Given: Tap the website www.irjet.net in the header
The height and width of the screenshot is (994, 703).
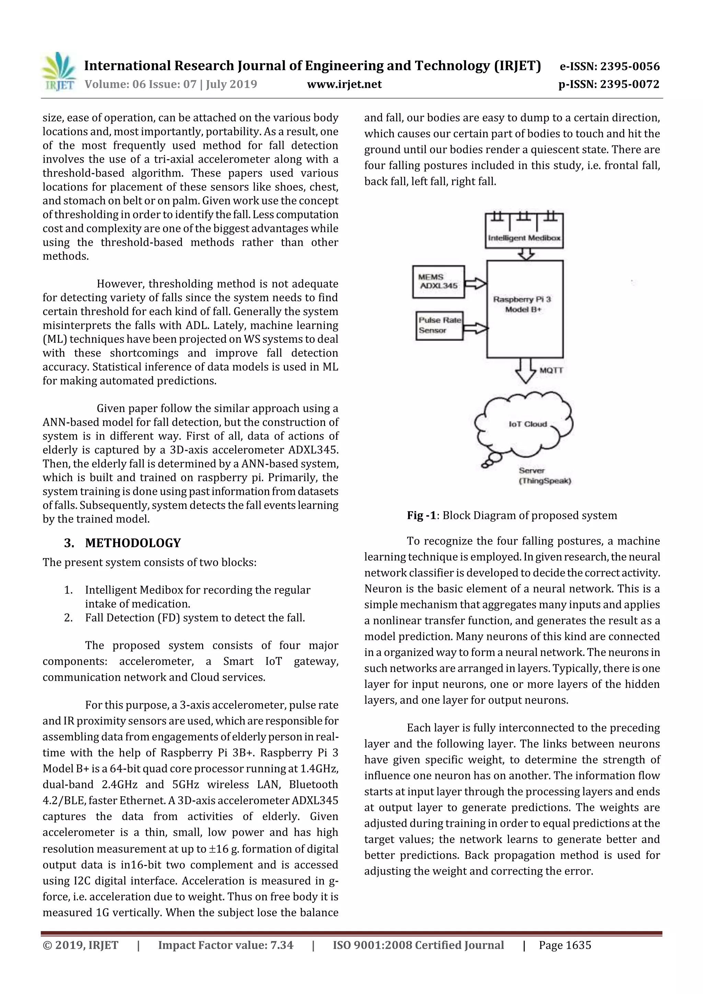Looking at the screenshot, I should point(344,84).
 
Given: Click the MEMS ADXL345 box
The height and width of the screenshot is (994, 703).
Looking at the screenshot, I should point(438,282).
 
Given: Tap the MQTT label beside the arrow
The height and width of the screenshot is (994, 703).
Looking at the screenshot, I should point(551,371).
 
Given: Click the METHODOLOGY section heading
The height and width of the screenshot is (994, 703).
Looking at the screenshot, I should point(133,543).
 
